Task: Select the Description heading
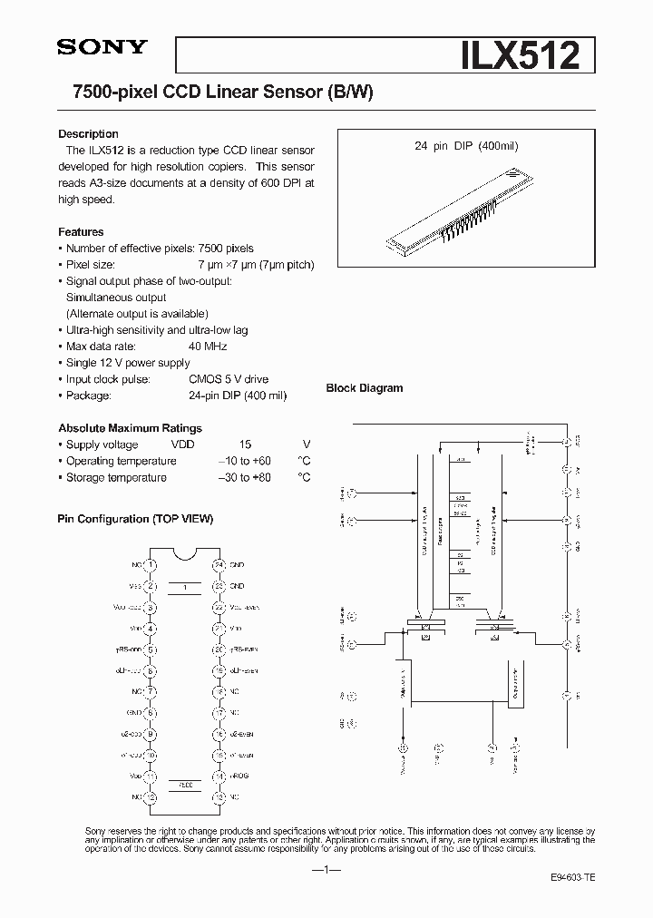pos(88,134)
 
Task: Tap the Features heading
pos(81,232)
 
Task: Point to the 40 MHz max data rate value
pos(208,347)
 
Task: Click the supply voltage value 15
pos(245,444)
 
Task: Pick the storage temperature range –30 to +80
pos(245,477)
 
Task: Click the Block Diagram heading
pos(365,388)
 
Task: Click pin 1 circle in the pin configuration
pos(152,565)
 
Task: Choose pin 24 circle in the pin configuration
pos(219,565)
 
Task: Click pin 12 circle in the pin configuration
pos(152,796)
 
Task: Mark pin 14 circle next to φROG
pos(219,776)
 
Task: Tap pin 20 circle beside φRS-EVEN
pos(219,649)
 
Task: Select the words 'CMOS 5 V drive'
pos(229,379)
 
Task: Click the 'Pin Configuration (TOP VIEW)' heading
pos(135,519)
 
